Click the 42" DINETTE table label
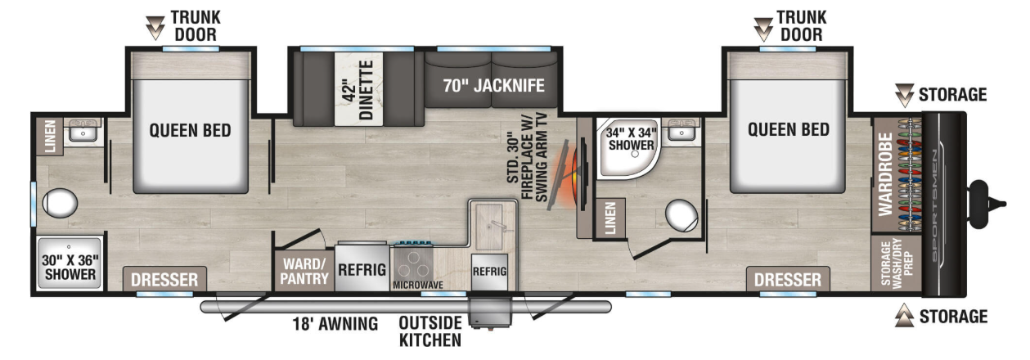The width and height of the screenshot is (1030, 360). point(358,90)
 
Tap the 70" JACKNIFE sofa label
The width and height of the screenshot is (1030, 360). point(493,86)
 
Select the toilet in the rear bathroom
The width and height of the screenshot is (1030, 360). point(60,203)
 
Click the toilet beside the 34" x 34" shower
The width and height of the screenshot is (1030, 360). point(681,215)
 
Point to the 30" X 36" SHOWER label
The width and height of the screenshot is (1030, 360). point(70,267)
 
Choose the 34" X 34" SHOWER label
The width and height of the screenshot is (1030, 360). point(631,139)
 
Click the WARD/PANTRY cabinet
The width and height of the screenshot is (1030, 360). point(304,271)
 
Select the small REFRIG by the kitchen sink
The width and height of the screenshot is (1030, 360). point(489,272)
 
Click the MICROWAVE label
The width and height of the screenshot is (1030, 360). point(417,285)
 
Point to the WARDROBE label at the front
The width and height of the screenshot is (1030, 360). point(885,174)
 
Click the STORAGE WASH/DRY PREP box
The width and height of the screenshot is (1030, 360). point(897,263)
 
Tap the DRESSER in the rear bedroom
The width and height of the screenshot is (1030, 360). point(164,279)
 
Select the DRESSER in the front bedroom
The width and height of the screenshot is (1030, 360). point(788,279)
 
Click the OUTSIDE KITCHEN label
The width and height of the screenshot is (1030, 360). point(430,331)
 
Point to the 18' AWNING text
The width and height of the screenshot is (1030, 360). point(335,324)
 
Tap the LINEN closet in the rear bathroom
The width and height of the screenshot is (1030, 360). point(50,136)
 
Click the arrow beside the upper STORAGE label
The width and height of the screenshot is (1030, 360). point(904,95)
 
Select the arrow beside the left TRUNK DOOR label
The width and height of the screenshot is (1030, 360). point(155,28)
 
